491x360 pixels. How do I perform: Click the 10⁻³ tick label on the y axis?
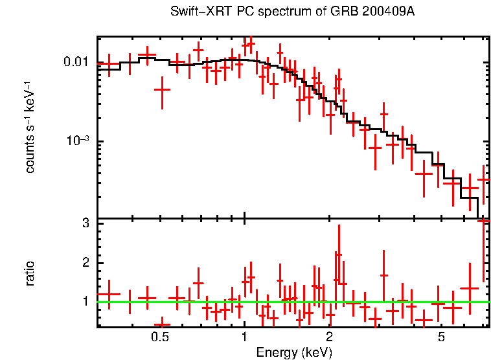click(76, 142)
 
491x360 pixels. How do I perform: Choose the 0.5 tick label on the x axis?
click(160, 337)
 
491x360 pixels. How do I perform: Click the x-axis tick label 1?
click(244, 337)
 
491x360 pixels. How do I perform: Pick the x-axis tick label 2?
click(329, 337)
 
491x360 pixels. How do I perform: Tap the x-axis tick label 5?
click(441, 337)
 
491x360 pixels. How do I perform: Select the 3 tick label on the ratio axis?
click(84, 223)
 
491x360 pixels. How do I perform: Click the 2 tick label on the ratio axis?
click(84, 262)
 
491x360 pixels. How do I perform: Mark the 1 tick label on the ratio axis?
click(84, 302)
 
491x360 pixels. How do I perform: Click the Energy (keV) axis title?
click(294, 352)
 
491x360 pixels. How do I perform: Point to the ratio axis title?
click(30, 273)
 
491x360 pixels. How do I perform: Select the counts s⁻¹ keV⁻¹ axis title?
click(30, 128)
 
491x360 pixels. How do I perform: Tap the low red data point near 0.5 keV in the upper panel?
click(162, 89)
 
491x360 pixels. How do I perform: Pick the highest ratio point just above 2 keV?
click(338, 254)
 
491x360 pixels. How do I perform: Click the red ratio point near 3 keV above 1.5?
click(383, 275)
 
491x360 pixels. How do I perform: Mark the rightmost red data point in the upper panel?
click(483, 179)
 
